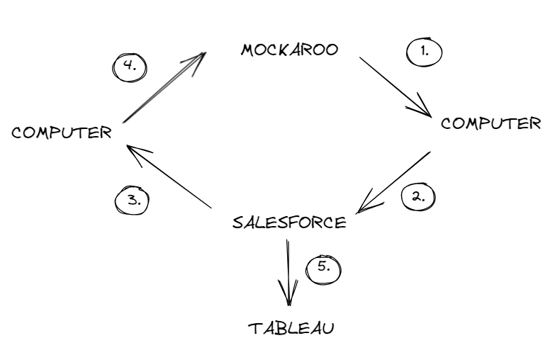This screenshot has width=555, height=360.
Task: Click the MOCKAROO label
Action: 289,50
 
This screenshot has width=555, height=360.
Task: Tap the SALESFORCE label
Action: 289,222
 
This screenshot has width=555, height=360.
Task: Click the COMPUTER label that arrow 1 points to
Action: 490,123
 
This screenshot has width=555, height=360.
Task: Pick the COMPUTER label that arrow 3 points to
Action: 62,133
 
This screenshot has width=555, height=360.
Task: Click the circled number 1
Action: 424,51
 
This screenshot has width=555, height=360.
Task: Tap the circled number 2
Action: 417,196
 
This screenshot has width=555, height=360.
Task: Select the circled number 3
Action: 133,200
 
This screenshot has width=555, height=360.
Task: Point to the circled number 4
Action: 130,67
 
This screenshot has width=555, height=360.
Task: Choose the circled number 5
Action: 323,269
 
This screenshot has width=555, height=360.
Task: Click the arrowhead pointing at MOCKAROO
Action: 198,58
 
